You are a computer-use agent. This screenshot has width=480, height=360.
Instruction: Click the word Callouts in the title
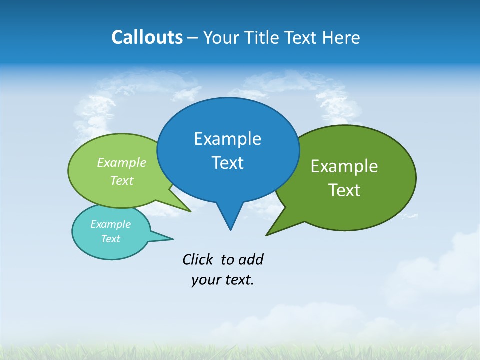pos(147,37)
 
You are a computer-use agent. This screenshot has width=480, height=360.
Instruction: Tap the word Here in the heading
pos(341,37)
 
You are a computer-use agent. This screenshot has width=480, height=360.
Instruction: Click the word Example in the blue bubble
pos(227,139)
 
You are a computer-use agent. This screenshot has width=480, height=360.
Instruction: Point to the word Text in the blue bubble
pos(227,163)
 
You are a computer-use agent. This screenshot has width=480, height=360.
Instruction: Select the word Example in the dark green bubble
pos(344,166)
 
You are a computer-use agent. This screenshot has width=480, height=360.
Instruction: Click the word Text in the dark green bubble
pos(344,190)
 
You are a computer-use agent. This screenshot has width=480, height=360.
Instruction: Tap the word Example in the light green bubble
pos(122,162)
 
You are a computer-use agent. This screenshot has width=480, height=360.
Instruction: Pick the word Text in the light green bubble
pos(122,180)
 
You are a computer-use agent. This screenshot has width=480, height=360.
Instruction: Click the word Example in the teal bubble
pos(110,224)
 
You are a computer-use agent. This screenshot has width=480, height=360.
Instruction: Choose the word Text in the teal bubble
pos(110,239)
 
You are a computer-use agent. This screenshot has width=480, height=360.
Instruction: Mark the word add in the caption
pos(251,259)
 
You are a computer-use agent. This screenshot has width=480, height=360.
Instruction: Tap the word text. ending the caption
pos(238,280)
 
